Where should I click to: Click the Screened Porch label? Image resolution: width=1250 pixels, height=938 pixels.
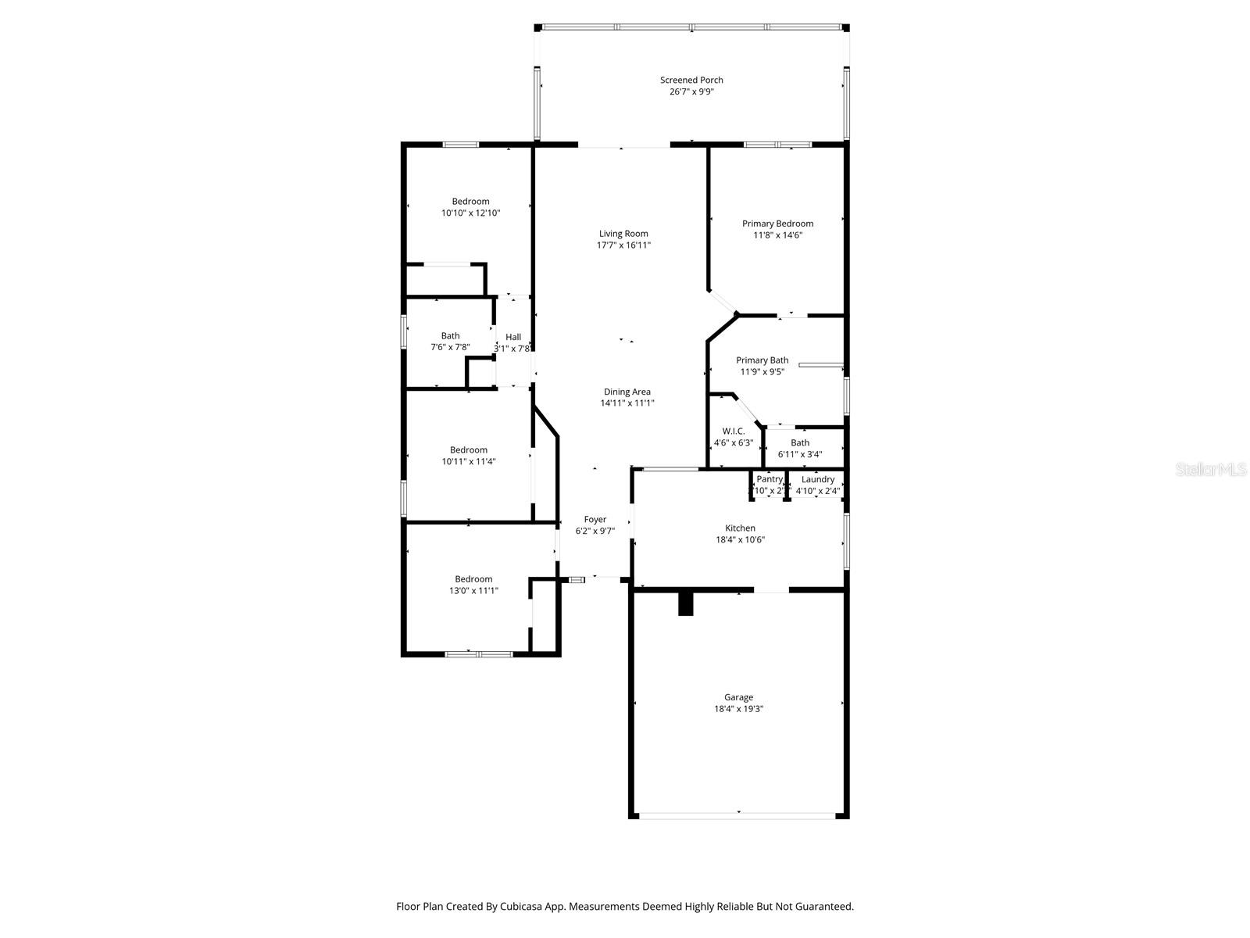coord(691,80)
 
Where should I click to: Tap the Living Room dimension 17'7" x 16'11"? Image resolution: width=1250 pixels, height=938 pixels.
coord(623,245)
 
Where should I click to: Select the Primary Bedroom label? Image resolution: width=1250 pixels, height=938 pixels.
coord(777,224)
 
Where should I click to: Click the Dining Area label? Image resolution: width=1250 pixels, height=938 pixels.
coord(627,392)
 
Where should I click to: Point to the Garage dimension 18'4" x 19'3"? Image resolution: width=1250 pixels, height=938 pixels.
coord(738,709)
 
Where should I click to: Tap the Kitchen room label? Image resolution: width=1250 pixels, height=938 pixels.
coord(740,528)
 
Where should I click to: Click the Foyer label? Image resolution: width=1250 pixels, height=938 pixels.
coord(595,519)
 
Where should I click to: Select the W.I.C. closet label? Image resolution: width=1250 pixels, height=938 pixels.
coord(733,431)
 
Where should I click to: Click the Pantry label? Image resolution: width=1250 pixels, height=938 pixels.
coord(769,479)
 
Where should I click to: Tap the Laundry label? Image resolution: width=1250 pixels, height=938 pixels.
coord(818,479)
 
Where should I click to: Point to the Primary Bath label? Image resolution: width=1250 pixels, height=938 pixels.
coord(762,360)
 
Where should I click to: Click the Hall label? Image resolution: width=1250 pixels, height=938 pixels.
coord(512,337)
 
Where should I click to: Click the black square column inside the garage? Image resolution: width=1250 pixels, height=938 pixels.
coord(686,604)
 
